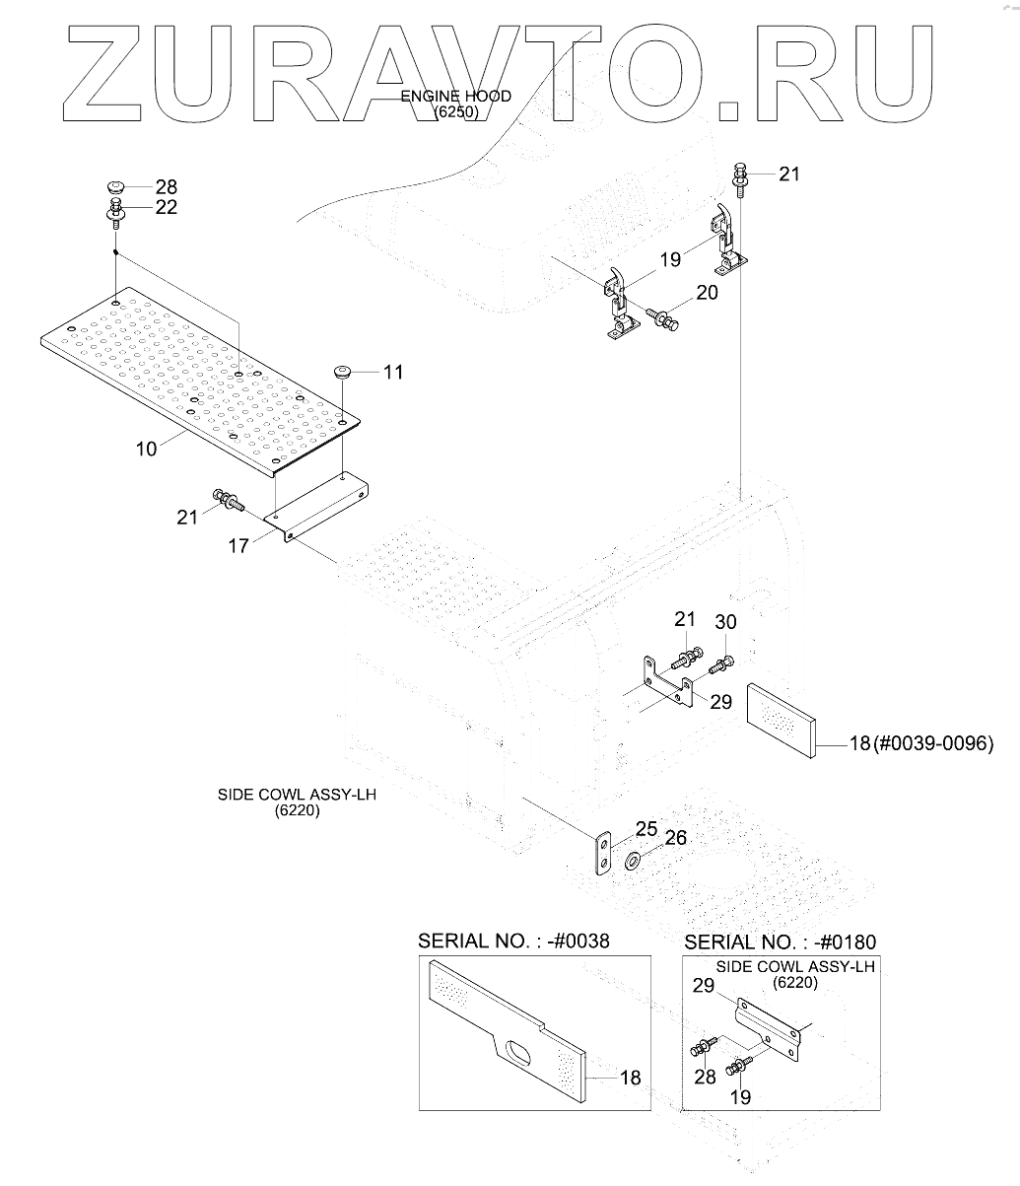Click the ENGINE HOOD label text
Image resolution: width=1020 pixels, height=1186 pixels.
pos(455,97)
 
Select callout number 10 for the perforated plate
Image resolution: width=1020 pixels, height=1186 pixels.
pos(146,449)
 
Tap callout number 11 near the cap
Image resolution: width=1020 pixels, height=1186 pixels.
pos(393,373)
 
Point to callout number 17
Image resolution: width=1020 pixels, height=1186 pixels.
pos(238,545)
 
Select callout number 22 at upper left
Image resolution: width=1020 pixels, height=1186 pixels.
pos(166,207)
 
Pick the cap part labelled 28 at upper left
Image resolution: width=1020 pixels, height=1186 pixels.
pos(116,185)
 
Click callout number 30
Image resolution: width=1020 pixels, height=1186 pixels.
pos(725,623)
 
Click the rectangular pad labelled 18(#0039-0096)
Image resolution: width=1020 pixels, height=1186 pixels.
pos(781,720)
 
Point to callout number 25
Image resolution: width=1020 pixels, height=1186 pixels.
pos(646,828)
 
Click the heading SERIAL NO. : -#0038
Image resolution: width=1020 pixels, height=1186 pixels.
pos(513,941)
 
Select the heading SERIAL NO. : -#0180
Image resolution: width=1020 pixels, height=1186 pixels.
pos(779,942)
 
